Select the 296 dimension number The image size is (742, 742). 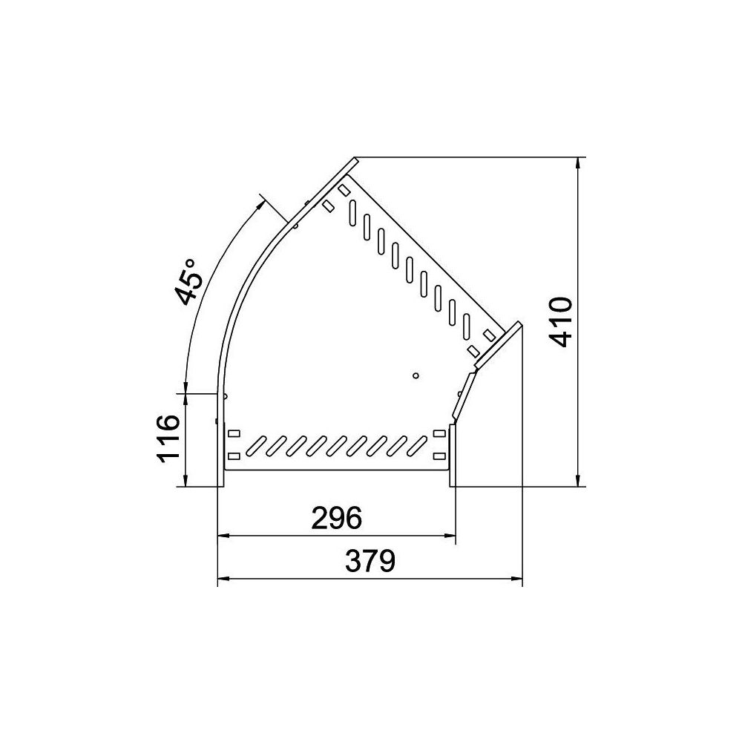[336, 518]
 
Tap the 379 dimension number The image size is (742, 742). [370, 561]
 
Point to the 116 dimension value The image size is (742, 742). [168, 439]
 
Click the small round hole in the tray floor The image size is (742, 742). [416, 375]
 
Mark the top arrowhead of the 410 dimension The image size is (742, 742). [578, 162]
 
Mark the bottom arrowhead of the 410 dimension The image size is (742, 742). [578, 480]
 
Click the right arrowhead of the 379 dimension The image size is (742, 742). [516, 578]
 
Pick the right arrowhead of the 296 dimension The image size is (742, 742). [449, 536]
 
